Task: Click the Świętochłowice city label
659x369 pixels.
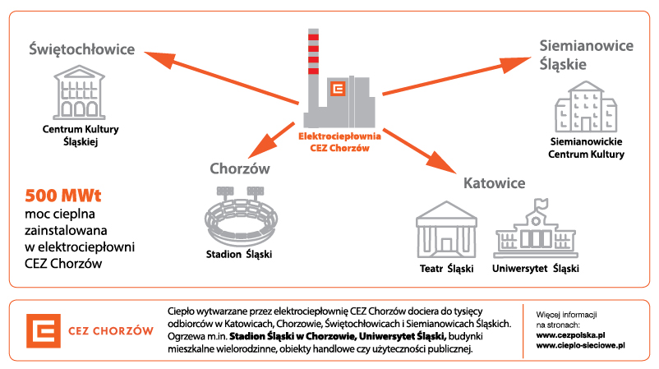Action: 81,50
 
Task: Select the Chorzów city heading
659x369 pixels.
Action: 240,168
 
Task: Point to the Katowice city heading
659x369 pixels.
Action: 493,182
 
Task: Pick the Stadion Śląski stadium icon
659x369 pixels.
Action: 238,214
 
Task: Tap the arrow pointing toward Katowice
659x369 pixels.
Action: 418,148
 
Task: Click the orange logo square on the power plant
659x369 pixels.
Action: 337,90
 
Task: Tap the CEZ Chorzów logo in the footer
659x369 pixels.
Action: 90,331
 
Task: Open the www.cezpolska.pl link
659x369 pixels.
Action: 570,336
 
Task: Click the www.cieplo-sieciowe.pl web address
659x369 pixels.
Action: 580,347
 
